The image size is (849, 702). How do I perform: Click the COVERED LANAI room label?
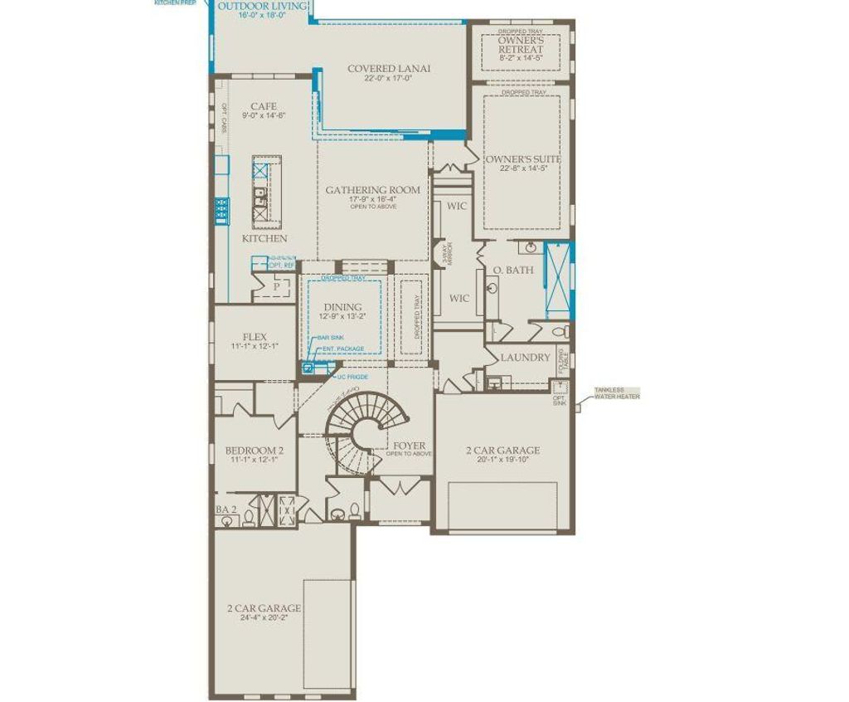(x=389, y=69)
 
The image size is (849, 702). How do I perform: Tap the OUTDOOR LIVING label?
(x=262, y=7)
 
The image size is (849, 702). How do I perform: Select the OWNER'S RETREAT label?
(x=521, y=45)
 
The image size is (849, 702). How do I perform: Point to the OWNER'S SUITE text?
(x=523, y=158)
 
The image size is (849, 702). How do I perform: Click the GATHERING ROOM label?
(x=372, y=190)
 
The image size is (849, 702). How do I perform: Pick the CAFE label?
(x=264, y=106)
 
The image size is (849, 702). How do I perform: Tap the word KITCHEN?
(x=264, y=238)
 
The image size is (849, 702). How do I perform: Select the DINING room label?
(x=342, y=307)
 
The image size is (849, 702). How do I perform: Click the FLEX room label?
(x=255, y=337)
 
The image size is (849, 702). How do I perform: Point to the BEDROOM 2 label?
(x=255, y=451)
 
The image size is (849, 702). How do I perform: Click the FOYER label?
(x=410, y=446)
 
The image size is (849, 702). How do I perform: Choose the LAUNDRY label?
(x=525, y=357)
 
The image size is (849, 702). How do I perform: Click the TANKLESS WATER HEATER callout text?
(x=616, y=392)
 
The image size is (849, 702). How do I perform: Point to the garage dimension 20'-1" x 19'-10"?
(x=502, y=461)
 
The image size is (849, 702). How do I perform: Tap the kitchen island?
(x=266, y=193)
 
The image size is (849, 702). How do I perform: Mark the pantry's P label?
(x=277, y=287)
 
